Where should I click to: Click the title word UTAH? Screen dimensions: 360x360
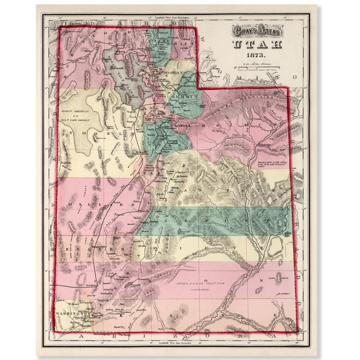click(257, 44)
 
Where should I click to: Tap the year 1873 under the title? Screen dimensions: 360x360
click(257, 55)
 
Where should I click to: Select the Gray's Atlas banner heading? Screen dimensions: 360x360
click(257, 30)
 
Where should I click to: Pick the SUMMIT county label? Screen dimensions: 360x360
click(186, 98)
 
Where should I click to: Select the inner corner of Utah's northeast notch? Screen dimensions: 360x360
click(199, 87)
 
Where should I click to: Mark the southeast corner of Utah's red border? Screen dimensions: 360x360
click(296, 331)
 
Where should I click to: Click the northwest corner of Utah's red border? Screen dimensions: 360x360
click(59, 27)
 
